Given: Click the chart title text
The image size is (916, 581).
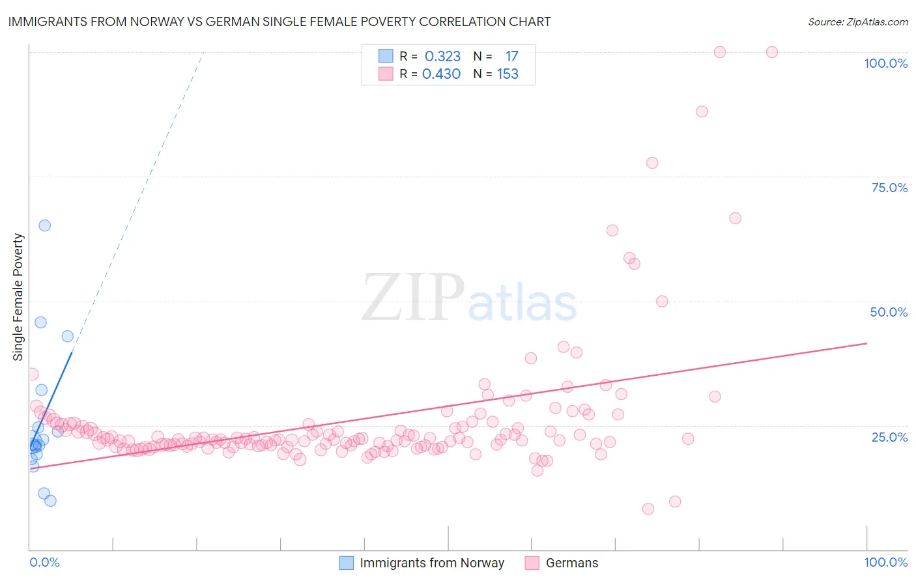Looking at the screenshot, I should (x=279, y=21).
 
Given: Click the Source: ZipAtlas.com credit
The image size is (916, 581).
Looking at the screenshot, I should (x=857, y=21).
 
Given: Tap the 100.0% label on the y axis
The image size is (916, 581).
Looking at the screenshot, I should (x=885, y=63).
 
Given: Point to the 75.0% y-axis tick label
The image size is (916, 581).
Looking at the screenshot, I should (x=889, y=188).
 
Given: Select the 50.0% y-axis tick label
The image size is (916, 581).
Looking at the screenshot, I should (x=889, y=312).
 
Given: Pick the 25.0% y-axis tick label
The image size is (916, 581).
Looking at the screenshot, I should (x=889, y=436).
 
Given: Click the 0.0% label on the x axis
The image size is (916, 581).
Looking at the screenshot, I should (x=44, y=562).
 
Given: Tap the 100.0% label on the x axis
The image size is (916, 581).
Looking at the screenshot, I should (x=885, y=562).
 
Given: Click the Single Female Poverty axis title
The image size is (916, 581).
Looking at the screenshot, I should (x=18, y=297).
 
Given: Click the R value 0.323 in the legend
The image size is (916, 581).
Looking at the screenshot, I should (x=442, y=57).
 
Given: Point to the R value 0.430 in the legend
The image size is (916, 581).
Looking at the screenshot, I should (x=441, y=74).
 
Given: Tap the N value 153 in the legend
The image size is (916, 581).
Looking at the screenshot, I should (x=508, y=74).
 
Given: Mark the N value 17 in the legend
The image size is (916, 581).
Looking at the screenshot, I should (x=511, y=57).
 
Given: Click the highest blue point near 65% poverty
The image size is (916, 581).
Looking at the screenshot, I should (x=44, y=225).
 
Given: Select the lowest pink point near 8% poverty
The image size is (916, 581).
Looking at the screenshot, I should (x=648, y=509).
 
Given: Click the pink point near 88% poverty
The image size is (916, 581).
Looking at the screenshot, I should (x=702, y=111).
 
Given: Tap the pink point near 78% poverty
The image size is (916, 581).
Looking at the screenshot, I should (x=652, y=163).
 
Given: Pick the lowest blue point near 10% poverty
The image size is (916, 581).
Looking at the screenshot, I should (x=50, y=501).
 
